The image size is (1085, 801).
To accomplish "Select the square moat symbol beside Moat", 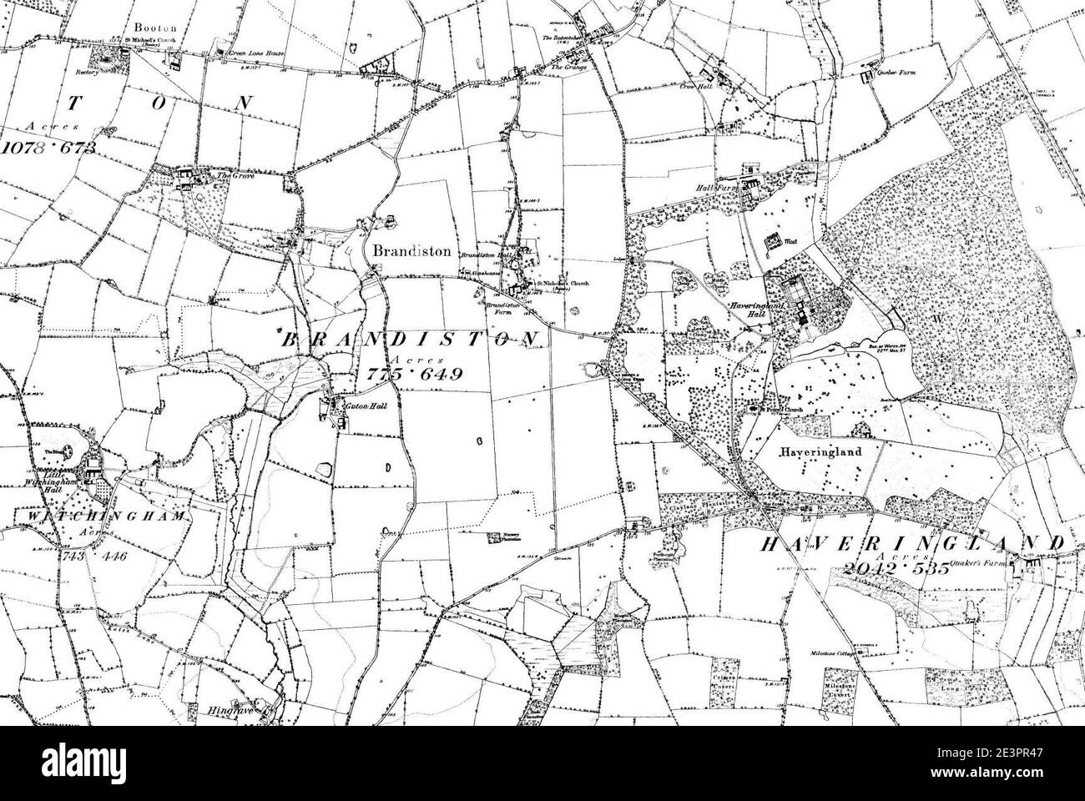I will click(772, 244).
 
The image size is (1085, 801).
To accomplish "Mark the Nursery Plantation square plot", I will click(499, 539).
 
